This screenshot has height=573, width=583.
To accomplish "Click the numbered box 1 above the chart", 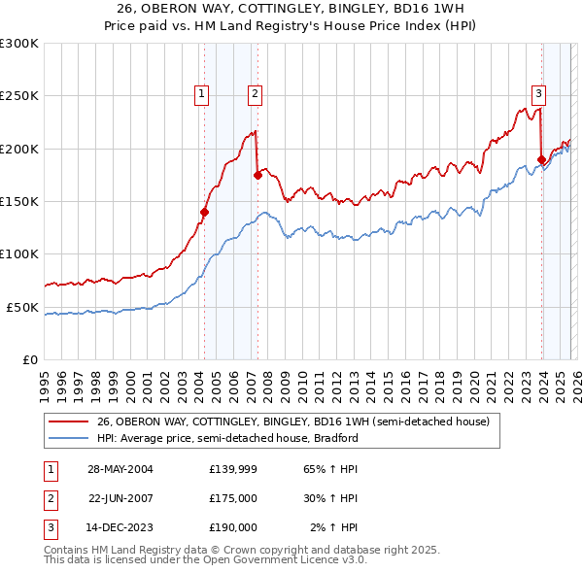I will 201,94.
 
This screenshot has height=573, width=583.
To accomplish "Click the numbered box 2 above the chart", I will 254,94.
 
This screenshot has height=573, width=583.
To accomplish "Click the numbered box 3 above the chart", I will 538,94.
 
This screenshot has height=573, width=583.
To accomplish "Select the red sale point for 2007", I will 257,175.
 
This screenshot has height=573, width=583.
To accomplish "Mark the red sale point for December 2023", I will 541,159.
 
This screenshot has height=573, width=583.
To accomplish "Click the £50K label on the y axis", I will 22,307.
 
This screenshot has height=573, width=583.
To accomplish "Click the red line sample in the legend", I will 69,421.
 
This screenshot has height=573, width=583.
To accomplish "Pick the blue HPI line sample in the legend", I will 69,438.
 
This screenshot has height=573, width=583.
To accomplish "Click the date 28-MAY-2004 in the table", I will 120,468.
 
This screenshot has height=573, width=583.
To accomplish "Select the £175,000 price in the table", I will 232,498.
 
